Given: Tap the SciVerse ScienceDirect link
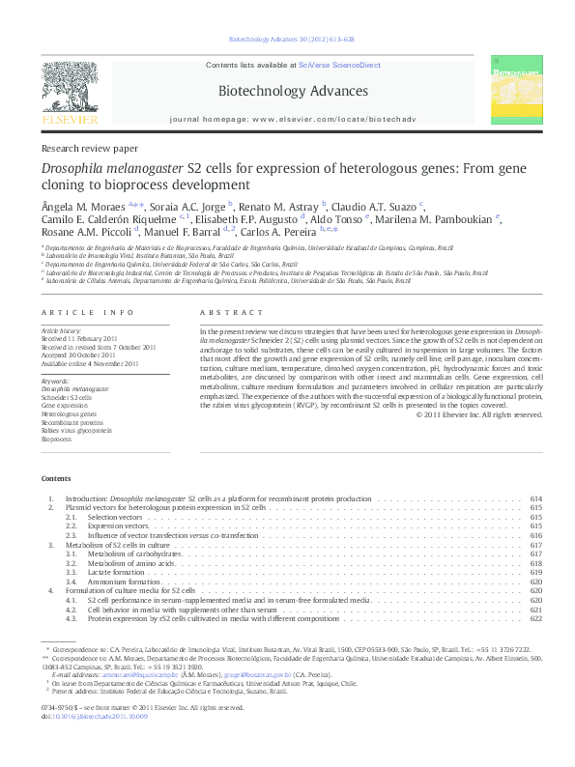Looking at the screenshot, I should (340, 66).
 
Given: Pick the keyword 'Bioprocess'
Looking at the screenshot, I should (56, 439).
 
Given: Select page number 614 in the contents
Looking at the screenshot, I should (536, 498).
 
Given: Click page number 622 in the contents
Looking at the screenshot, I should (536, 617).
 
